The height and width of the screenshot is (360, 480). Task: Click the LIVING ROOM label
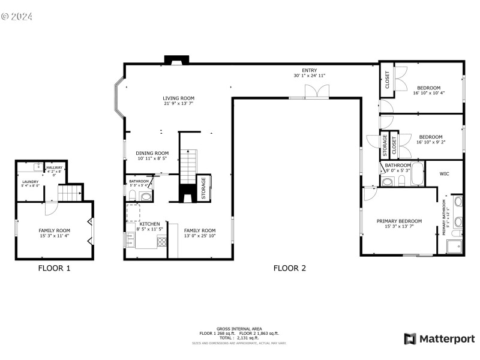coord(178,98)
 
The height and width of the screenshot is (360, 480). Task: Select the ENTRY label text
coord(309,70)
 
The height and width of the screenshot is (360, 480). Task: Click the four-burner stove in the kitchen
coord(161,241)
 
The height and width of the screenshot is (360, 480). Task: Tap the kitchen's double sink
coord(130,239)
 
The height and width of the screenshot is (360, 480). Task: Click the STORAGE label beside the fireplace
coord(204,188)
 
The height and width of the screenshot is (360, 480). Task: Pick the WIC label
coord(444,174)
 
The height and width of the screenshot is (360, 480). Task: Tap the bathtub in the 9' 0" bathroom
coord(417,176)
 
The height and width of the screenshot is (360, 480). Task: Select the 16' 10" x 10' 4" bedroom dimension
coord(429,93)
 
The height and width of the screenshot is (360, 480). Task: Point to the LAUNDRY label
coord(31,182)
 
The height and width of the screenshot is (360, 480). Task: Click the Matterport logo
coord(439,339)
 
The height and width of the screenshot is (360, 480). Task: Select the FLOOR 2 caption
coord(290,268)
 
